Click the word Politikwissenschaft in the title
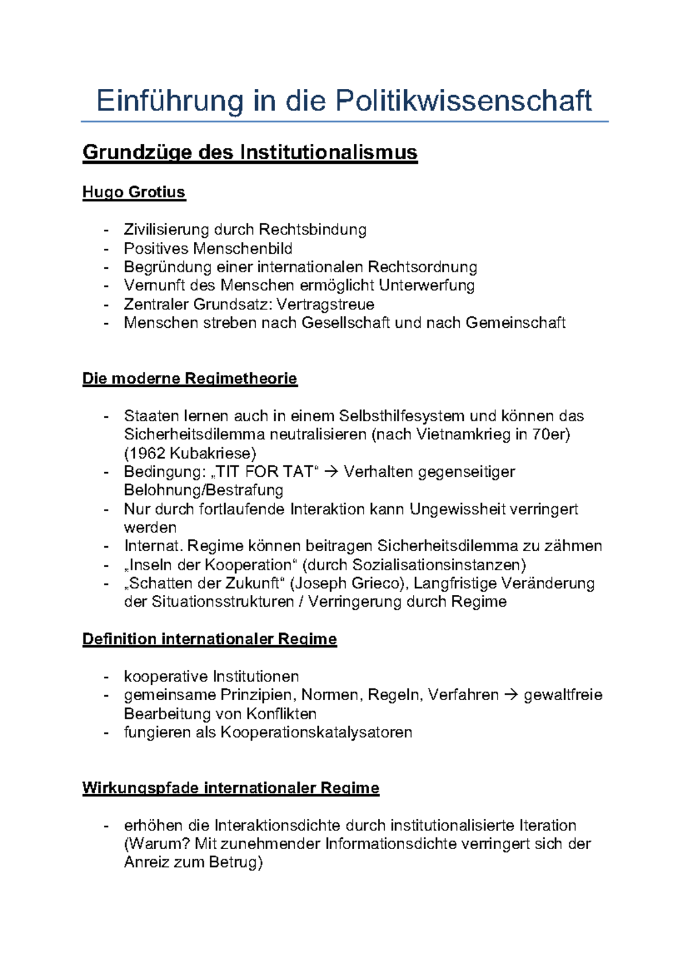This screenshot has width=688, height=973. tap(463, 101)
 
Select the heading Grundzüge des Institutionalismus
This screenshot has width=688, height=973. tap(250, 152)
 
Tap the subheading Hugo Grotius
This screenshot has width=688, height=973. tap(134, 192)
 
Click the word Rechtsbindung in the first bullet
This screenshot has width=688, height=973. tap(312, 230)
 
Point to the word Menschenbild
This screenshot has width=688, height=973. tap(243, 249)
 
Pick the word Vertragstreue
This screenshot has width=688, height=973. tap(325, 304)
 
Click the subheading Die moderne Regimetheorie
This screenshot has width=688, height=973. tap(190, 379)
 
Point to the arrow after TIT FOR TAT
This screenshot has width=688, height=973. tap(331, 472)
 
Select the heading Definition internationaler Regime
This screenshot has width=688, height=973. tap(209, 639)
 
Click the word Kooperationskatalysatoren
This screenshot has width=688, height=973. tap(316, 732)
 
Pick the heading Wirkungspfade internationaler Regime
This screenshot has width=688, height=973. tap(230, 788)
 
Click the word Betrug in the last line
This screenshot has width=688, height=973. tap(232, 862)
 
